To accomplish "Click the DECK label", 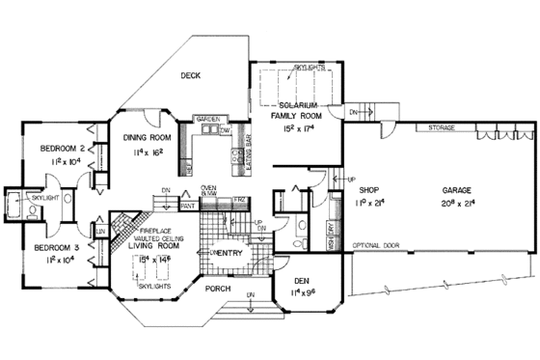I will click(x=191, y=75).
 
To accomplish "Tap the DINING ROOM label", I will click(x=148, y=137).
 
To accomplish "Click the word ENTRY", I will click(x=229, y=253).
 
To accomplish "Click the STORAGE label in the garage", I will click(x=442, y=126).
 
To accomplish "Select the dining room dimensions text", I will click(x=148, y=152).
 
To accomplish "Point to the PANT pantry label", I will click(x=188, y=205).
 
